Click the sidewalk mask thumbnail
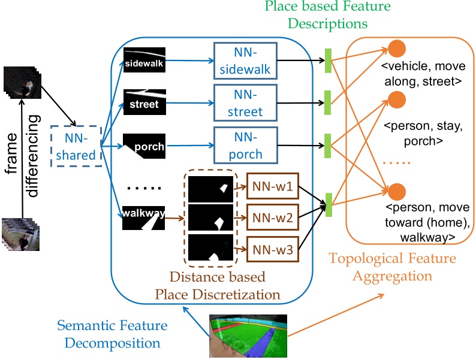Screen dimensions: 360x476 pos(144,61)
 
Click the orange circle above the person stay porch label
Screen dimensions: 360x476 pos(397,99)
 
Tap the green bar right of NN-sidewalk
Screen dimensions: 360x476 pos(328,60)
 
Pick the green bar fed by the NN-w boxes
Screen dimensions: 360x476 pos(328,204)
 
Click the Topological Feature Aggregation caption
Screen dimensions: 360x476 pos(392,267)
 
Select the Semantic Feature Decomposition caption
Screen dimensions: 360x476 pos(112,334)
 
